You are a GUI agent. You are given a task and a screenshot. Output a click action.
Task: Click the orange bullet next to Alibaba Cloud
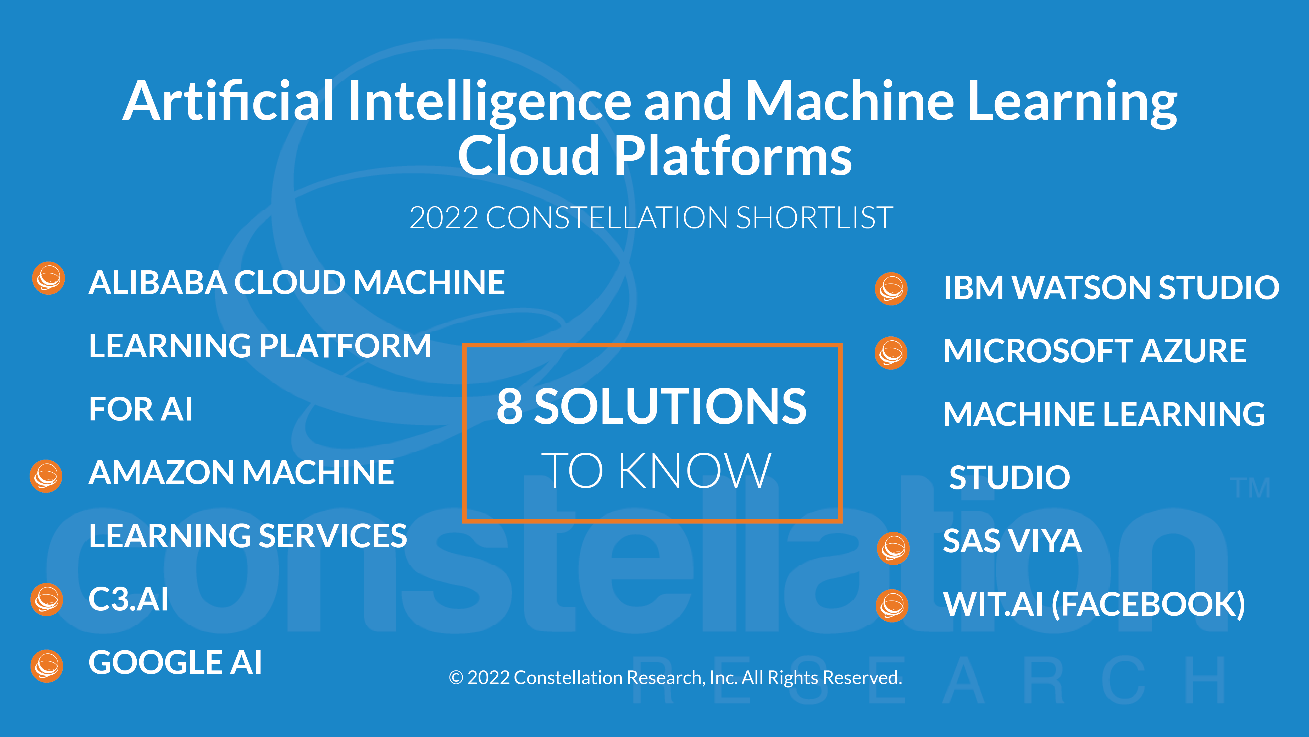(48, 278)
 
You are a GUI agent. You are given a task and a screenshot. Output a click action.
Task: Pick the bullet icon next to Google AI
(47, 666)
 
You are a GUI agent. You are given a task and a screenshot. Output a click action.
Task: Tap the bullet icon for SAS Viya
(893, 548)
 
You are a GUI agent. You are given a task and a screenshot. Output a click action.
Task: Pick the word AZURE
(1193, 351)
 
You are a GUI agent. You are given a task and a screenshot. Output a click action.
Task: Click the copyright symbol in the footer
(456, 678)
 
